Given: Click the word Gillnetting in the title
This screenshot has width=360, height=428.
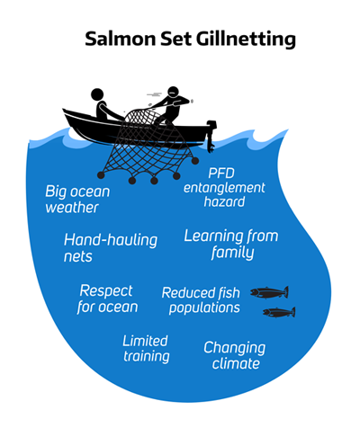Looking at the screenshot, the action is pyautogui.click(x=247, y=40).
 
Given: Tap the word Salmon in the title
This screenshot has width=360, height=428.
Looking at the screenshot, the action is pyautogui.click(x=121, y=39).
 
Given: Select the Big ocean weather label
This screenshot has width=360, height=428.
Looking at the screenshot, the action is pyautogui.click(x=77, y=200).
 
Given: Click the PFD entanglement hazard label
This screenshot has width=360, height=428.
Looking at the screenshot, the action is pyautogui.click(x=224, y=188).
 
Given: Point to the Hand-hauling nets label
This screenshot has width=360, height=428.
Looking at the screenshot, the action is pyautogui.click(x=111, y=248).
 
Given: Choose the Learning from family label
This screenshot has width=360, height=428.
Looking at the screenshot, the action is pyautogui.click(x=231, y=245).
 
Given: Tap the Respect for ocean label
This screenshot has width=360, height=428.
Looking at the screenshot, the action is pyautogui.click(x=107, y=299).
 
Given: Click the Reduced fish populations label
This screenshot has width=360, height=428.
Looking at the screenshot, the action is pyautogui.click(x=201, y=300).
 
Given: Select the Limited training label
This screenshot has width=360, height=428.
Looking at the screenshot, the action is pyautogui.click(x=146, y=349).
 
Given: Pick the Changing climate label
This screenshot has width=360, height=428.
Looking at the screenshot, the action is pyautogui.click(x=235, y=355).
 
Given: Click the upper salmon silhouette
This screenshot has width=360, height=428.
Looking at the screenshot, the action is pyautogui.click(x=269, y=292).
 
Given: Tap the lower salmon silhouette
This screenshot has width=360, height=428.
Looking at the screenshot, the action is pyautogui.click(x=279, y=312).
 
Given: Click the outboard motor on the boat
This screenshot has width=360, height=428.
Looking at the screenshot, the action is pyautogui.click(x=211, y=136).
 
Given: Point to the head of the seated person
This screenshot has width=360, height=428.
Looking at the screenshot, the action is pyautogui.click(x=97, y=94).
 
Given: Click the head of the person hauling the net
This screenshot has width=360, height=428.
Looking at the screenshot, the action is pyautogui.click(x=173, y=93).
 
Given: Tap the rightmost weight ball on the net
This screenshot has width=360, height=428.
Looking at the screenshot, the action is pyautogui.click(x=195, y=161).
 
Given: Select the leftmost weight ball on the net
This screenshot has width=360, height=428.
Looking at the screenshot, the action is pyautogui.click(x=101, y=175).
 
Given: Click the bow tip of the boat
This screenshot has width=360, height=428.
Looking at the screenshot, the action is pyautogui.click(x=63, y=110).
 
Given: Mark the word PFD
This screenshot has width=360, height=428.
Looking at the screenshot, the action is pyautogui.click(x=221, y=174).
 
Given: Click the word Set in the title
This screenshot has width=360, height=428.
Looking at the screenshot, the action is pyautogui.click(x=176, y=39).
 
